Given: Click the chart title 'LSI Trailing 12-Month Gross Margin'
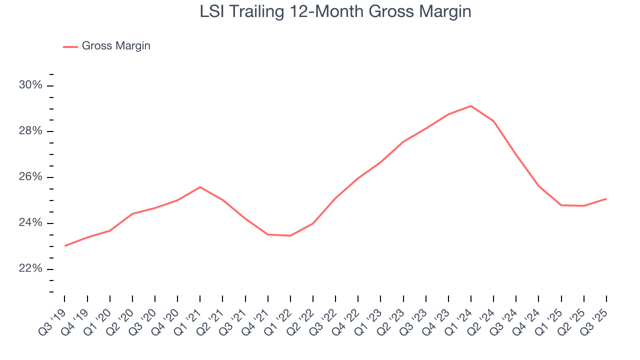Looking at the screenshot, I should [335, 11].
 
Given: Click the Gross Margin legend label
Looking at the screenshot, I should [116, 46].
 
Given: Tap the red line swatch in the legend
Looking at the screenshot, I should [70, 46].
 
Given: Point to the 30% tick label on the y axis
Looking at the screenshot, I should [30, 85].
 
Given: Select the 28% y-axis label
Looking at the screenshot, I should [30, 131].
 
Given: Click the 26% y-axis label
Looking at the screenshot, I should [30, 177].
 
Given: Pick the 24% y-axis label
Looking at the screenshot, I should [30, 223].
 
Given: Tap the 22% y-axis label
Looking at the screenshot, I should [30, 269].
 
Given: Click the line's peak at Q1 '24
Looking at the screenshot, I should [471, 106].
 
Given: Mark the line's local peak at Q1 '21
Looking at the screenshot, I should [200, 187].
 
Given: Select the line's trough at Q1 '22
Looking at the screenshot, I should [290, 235].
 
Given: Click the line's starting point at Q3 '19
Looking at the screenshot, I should [65, 246].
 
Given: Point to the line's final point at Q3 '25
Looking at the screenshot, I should [606, 199].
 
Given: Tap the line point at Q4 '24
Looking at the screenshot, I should [538, 186].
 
